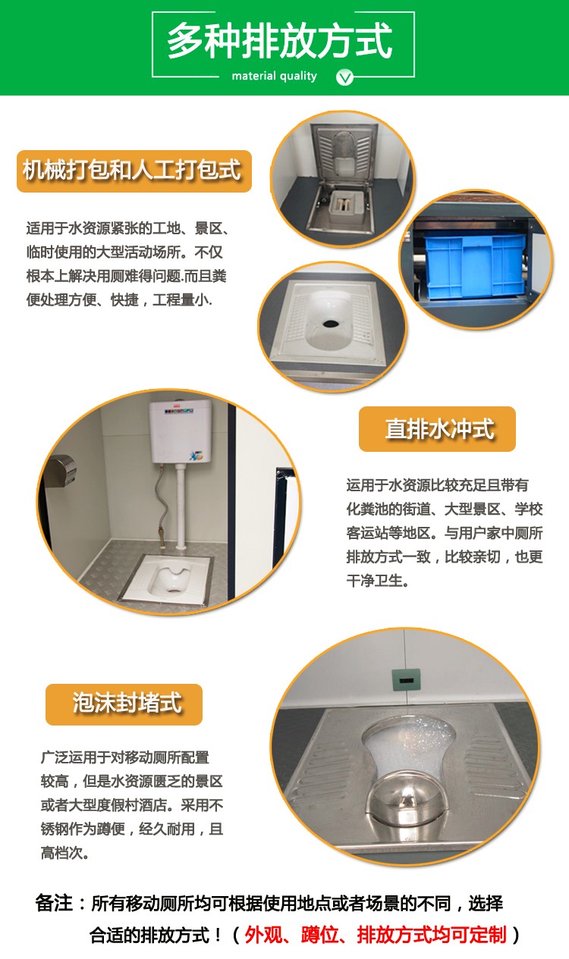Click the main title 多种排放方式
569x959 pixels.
[279, 41]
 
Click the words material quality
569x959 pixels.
[274, 77]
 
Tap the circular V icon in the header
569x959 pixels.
[344, 77]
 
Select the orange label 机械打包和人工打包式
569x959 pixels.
[134, 171]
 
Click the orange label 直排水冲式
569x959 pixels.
[437, 428]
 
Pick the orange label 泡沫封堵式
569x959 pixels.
[124, 704]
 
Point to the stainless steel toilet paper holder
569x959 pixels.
[62, 471]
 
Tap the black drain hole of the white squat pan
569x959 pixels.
[331, 324]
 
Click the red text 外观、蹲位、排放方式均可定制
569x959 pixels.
[376, 935]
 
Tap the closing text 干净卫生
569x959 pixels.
[376, 581]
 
